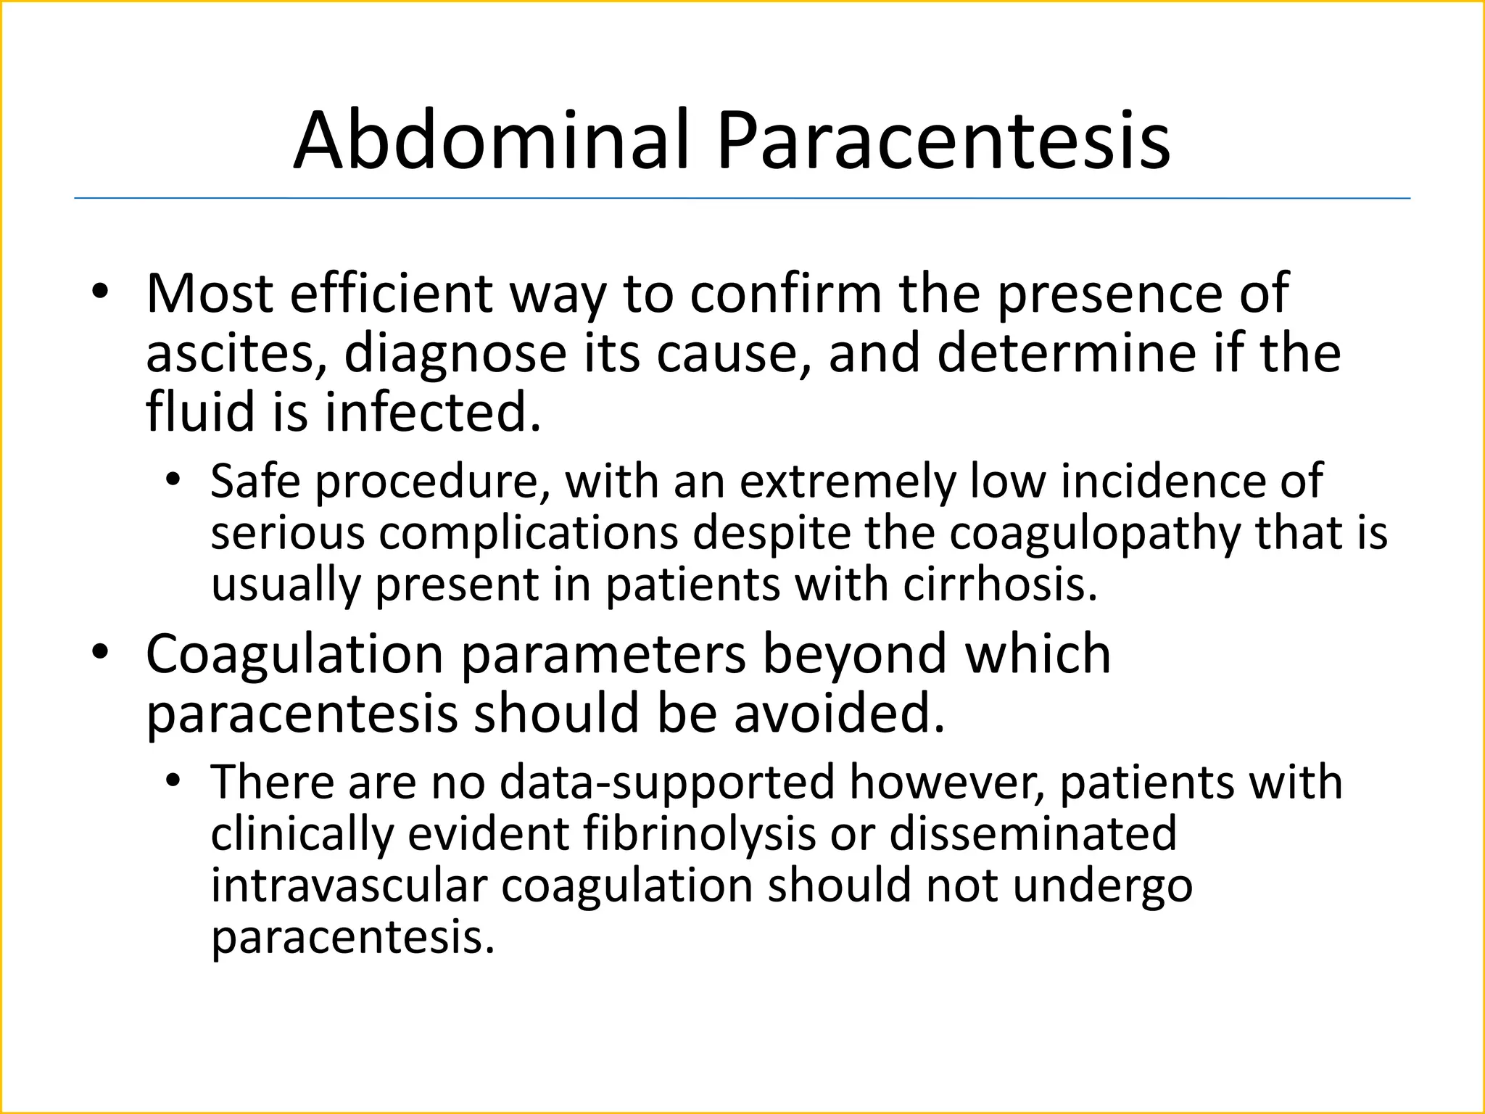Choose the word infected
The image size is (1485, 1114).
click(432, 412)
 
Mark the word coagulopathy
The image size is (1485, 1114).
click(1095, 533)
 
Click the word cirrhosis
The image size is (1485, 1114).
click(1000, 585)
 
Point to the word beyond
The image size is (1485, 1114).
click(855, 655)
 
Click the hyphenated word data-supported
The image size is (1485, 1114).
click(667, 783)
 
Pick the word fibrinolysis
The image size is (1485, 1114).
click(700, 834)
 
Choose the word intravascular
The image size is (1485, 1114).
click(349, 886)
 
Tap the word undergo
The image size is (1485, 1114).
click(1102, 886)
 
